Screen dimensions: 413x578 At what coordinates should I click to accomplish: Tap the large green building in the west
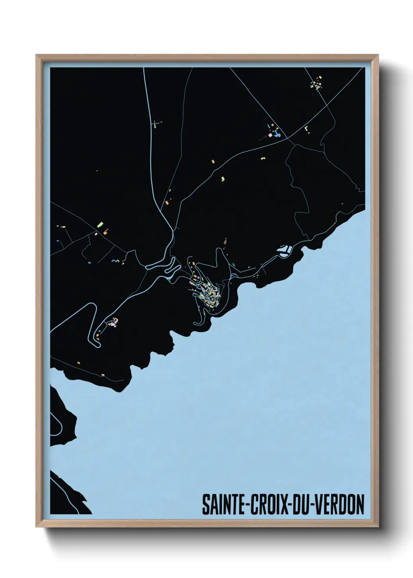click(100, 224)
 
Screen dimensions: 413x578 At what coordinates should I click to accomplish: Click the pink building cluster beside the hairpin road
click(114, 323)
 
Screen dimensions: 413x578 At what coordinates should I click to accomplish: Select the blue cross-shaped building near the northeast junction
click(277, 134)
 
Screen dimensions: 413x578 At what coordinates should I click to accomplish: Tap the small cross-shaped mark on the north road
click(156, 123)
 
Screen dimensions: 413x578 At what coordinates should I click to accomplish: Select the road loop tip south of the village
click(195, 323)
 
